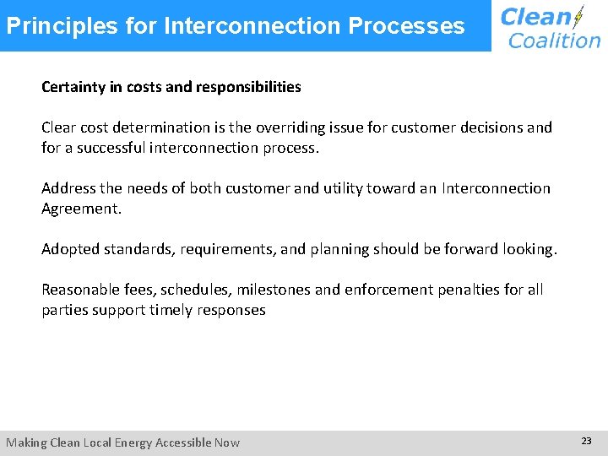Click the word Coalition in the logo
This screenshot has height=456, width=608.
tap(554, 40)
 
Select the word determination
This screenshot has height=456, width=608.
tap(160, 128)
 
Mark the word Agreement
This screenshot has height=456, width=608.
tap(81, 209)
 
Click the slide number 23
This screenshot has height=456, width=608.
tap(586, 441)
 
